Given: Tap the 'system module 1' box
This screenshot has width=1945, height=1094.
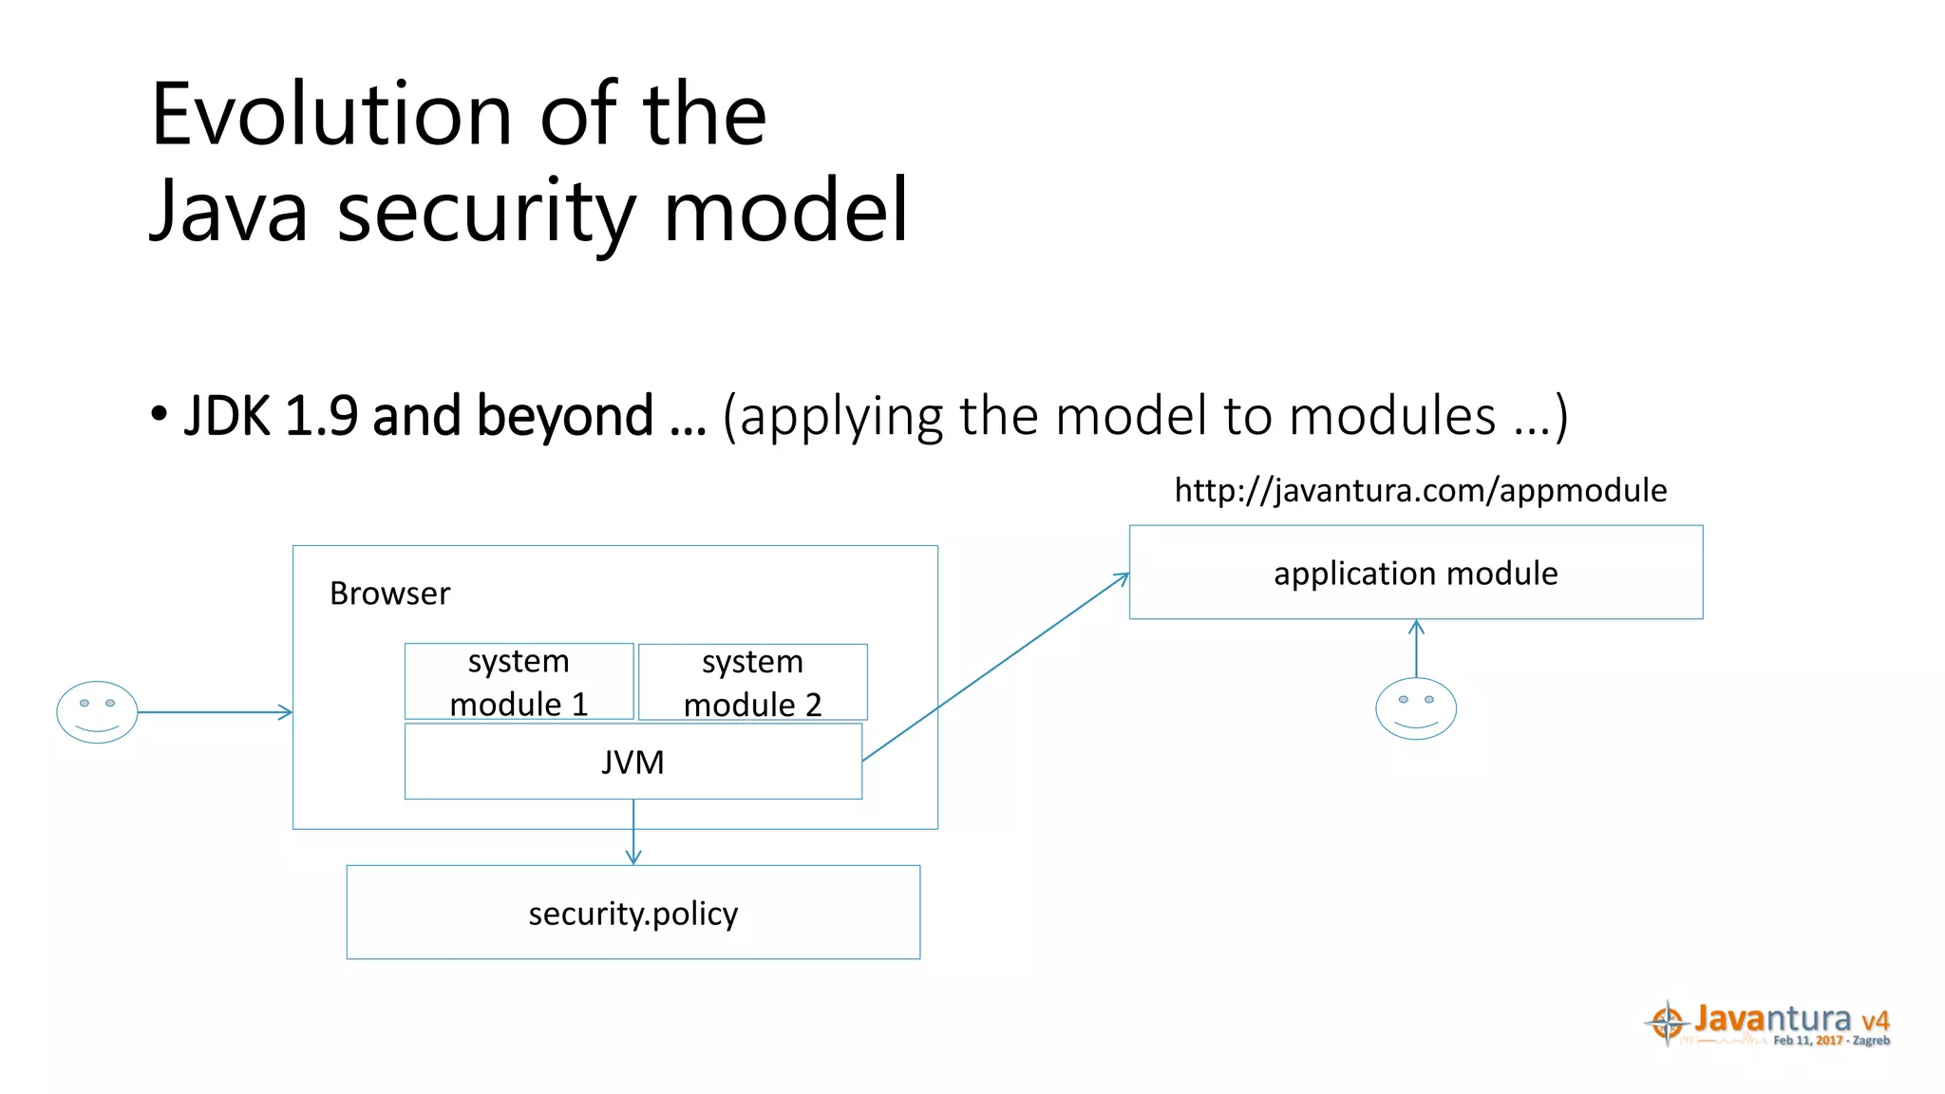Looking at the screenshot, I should pyautogui.click(x=519, y=682).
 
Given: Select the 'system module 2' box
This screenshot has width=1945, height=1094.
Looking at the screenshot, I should pyautogui.click(x=752, y=682).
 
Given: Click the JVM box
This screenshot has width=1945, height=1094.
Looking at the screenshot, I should pyautogui.click(x=633, y=762).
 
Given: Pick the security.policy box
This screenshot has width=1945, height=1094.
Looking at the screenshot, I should pyautogui.click(x=633, y=913).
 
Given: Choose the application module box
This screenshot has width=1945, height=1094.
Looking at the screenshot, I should pyautogui.click(x=1415, y=573).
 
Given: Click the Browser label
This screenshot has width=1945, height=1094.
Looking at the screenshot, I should pyautogui.click(x=389, y=594).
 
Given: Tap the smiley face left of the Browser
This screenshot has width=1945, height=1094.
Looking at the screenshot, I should pyautogui.click(x=97, y=712).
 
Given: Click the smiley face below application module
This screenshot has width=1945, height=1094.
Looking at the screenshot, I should pyautogui.click(x=1415, y=708).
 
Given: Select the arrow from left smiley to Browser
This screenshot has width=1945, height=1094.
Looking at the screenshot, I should pyautogui.click(x=214, y=712).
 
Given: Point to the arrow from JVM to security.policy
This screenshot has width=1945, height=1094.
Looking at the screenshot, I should pyautogui.click(x=633, y=832).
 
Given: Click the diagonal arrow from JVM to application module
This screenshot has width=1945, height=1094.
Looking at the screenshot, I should pyautogui.click(x=995, y=668).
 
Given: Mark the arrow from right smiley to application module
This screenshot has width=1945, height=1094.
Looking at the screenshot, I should pyautogui.click(x=1416, y=649).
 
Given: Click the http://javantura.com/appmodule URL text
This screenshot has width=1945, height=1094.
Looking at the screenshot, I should pyautogui.click(x=1420, y=490).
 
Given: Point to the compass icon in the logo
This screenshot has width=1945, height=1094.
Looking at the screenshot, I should pyautogui.click(x=1667, y=1023).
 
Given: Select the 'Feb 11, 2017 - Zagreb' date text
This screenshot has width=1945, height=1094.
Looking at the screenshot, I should pyautogui.click(x=1831, y=1041).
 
